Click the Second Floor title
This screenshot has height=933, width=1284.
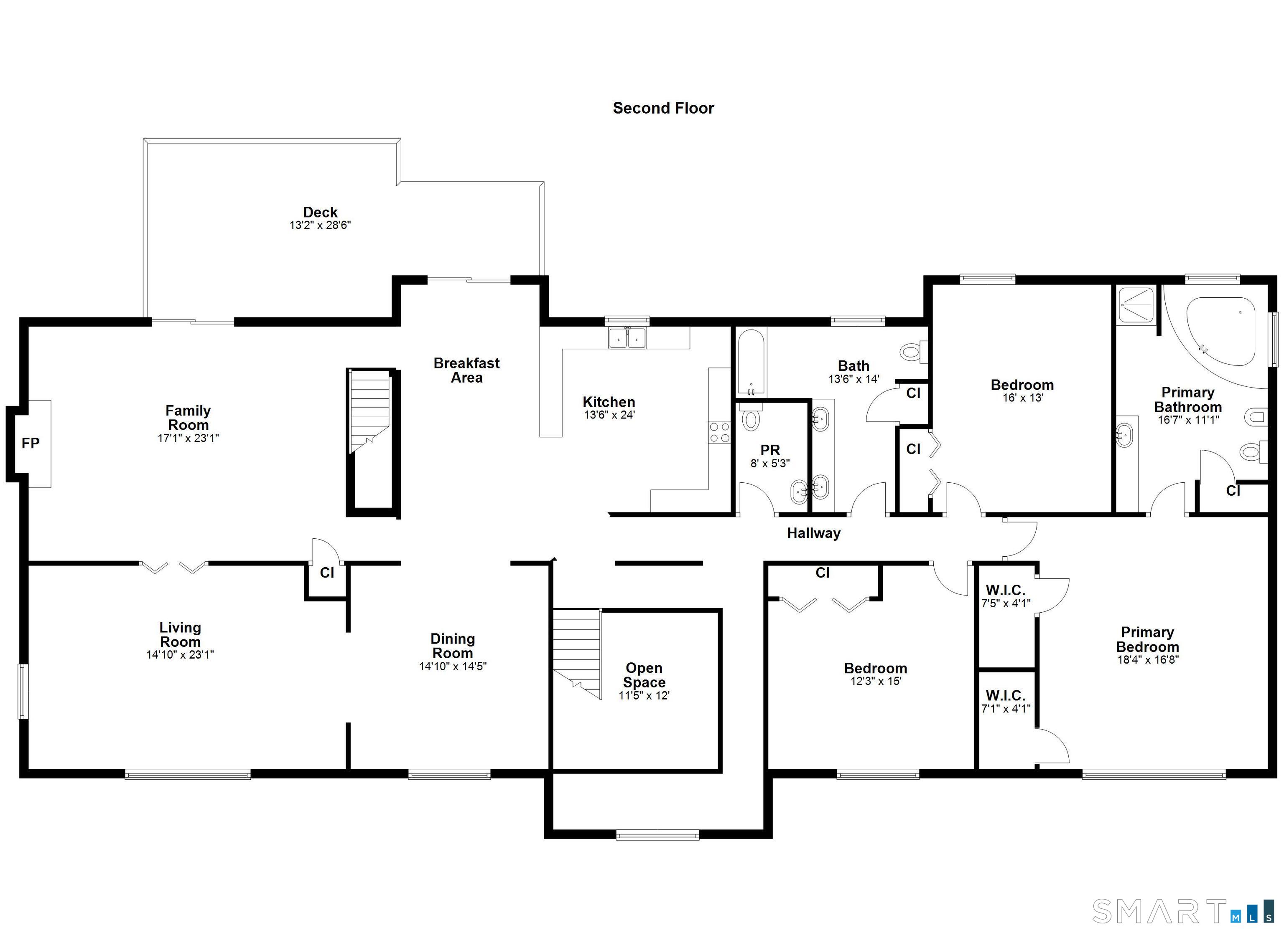(663, 108)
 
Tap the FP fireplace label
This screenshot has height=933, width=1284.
(31, 443)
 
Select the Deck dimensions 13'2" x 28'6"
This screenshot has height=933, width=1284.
(321, 225)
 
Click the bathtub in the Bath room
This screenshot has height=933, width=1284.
(751, 362)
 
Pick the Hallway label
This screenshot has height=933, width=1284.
(813, 533)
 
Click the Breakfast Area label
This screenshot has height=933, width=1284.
(466, 370)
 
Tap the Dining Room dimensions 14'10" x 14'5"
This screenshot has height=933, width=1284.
(453, 667)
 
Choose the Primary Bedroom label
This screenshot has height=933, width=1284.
(1148, 639)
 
